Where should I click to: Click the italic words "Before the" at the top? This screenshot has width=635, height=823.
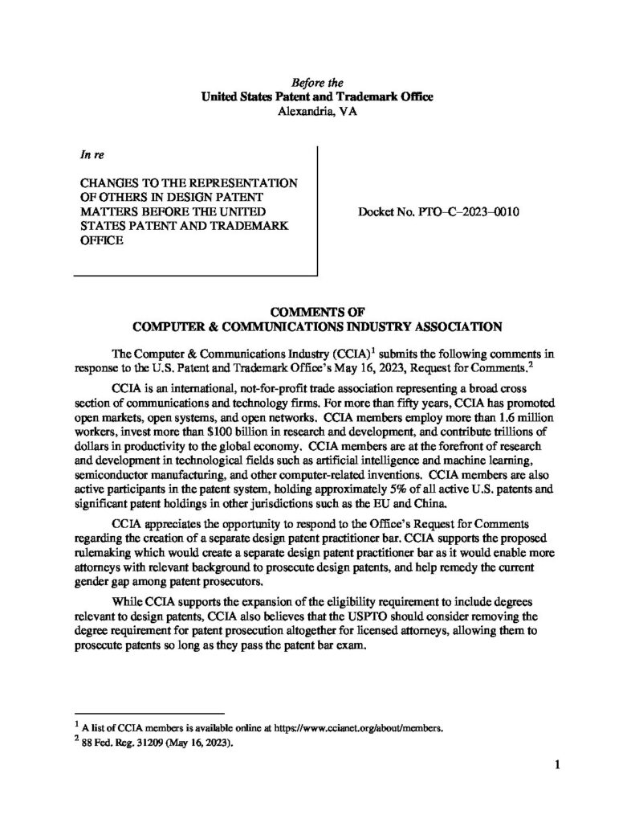317,83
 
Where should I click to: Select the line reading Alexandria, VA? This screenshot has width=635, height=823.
317,111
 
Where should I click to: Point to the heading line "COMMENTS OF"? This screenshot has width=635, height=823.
317,312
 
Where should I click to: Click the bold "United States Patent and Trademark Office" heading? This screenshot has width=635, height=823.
317,96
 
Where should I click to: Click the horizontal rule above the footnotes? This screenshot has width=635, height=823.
149,713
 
